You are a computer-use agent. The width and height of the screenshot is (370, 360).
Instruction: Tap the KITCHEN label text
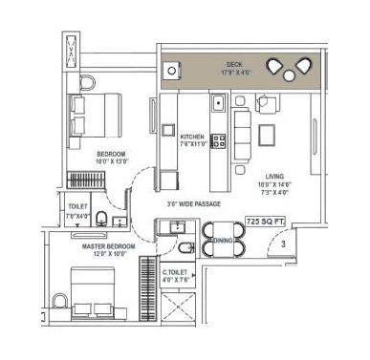(x=192, y=137)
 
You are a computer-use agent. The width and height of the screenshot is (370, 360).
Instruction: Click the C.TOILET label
(x=175, y=271)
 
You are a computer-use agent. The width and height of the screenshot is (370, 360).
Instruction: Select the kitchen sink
(x=218, y=104)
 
